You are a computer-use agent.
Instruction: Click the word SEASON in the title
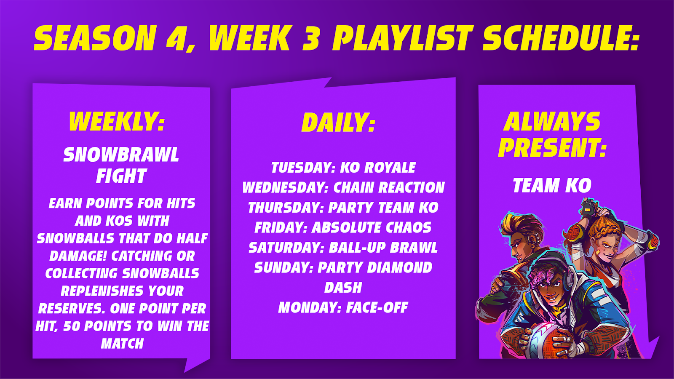coord(94,38)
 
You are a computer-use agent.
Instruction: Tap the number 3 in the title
coord(311,38)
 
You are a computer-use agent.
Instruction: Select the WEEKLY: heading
coord(117,121)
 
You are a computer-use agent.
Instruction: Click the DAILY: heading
coord(339,123)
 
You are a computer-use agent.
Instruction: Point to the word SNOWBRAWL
coord(121,155)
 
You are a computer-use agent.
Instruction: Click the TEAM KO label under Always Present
coord(552,185)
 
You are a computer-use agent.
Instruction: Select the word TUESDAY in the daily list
coord(301,168)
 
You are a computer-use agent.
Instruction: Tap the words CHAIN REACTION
coord(389,187)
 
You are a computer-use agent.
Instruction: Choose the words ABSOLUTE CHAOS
coord(372,227)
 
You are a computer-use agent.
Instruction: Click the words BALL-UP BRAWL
coord(383,248)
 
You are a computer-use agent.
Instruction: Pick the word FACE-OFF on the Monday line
coord(377,307)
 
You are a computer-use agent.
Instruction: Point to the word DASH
coord(343,288)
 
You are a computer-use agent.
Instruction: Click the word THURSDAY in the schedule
coord(284,208)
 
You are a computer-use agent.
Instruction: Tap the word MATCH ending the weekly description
coord(123,344)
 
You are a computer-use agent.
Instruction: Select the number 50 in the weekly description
coord(72,326)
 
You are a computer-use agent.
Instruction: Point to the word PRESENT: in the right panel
coord(552,148)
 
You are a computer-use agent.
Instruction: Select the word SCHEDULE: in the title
coord(561,38)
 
